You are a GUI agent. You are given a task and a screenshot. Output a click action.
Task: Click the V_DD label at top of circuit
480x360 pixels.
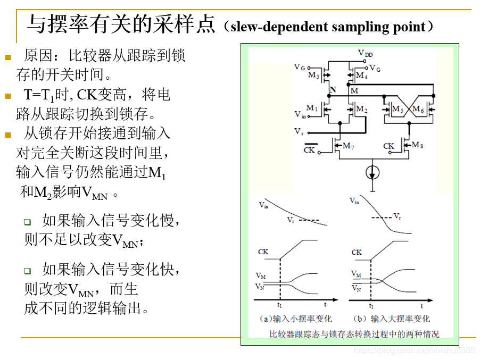pos(366,54)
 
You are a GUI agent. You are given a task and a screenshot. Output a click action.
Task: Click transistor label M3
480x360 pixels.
pos(313,76)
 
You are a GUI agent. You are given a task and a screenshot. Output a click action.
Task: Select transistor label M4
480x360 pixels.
pos(362,76)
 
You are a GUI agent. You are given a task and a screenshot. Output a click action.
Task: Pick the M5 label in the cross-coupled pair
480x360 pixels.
pos(398,109)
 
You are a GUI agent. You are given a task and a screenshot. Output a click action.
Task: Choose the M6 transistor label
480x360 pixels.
pos(418,109)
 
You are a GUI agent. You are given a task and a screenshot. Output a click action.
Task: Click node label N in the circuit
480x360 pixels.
pos(333,90)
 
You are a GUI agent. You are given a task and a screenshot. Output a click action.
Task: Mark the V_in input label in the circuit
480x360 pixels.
pos(300,114)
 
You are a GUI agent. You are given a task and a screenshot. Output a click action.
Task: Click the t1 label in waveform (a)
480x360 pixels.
pos(279,305)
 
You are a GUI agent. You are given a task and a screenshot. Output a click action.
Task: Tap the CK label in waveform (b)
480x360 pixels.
pos(357,252)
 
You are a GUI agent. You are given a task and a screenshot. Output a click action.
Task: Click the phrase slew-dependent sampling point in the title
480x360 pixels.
pos(328,27)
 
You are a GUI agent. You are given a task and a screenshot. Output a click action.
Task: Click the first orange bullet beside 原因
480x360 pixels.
pos(7,57)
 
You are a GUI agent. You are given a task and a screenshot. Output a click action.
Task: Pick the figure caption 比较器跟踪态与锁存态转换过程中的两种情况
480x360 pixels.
pos(354,334)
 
